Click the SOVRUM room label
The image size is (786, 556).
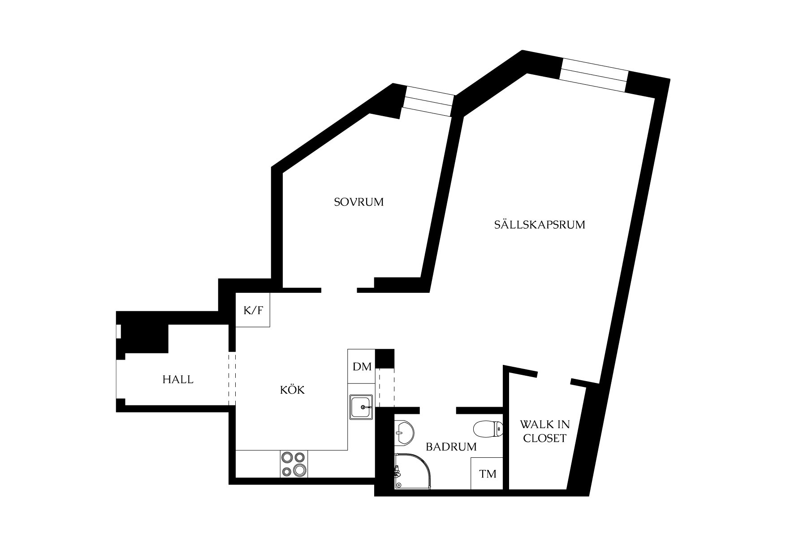(359, 202)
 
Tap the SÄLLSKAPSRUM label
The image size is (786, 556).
(540, 224)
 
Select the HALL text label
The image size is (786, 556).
(178, 380)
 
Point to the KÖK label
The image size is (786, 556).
(292, 390)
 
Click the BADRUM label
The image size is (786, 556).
(451, 447)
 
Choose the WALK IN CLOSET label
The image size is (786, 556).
(545, 431)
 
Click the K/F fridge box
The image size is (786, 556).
(253, 310)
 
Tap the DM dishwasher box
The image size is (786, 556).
(362, 367)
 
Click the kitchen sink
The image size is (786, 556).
(361, 407)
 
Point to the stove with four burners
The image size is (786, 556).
(294, 464)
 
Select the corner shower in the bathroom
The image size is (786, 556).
(413, 471)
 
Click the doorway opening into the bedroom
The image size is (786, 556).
(339, 290)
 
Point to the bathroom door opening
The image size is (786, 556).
(438, 410)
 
